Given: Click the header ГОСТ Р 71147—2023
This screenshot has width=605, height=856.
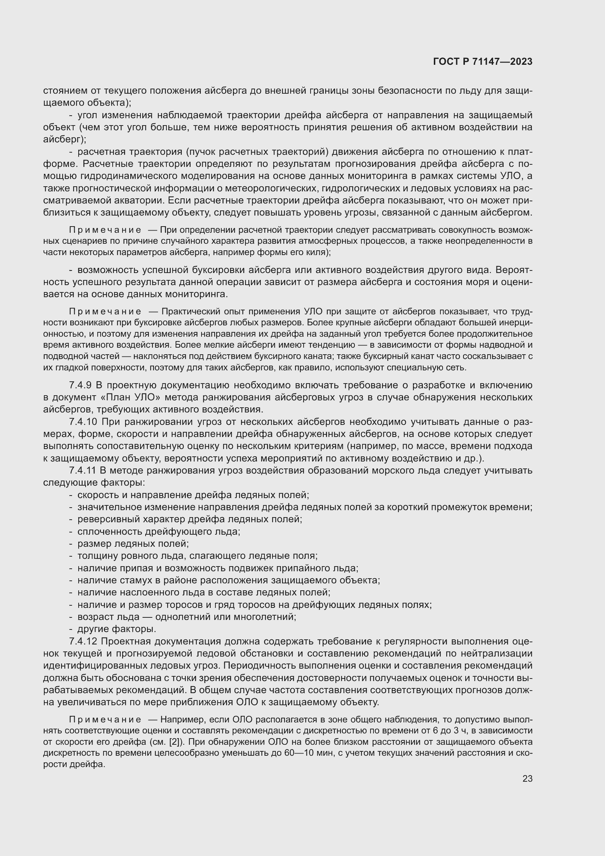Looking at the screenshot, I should (483, 62).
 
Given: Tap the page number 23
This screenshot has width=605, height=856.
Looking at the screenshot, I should (527, 778).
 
